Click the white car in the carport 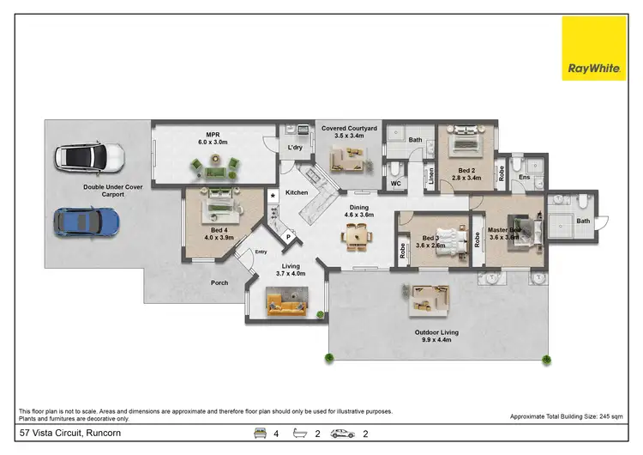point(89,158)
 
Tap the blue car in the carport point(87,221)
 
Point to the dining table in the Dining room point(356,234)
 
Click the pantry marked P point(288,236)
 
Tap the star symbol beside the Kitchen point(273,197)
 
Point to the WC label point(395,183)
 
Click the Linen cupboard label point(430,178)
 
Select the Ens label point(523,178)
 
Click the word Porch point(220,282)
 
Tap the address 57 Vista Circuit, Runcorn point(63,434)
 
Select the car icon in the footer point(343,434)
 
